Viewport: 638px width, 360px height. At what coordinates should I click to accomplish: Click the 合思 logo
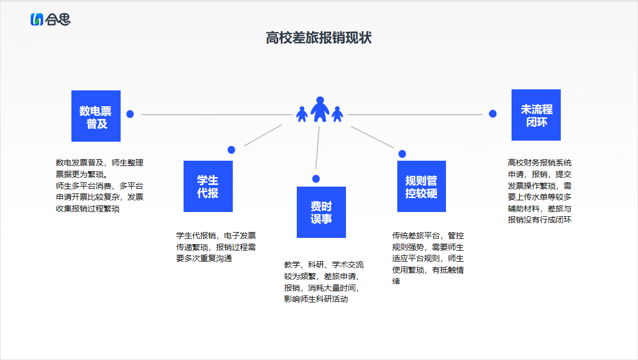tap(50, 20)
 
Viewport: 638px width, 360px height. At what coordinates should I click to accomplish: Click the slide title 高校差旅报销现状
tap(318, 38)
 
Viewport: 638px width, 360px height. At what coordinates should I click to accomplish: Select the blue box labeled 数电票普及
tap(96, 116)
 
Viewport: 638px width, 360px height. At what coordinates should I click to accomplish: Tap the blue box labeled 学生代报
tap(208, 186)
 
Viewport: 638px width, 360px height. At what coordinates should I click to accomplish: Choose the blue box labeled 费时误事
tap(321, 212)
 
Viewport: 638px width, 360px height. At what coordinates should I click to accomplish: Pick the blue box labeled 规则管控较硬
tap(422, 186)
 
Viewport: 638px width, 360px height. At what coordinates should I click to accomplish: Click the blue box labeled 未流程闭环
tap(536, 115)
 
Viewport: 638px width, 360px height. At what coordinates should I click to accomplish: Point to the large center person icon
tap(320, 109)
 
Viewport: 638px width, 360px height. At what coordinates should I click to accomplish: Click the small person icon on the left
tap(302, 114)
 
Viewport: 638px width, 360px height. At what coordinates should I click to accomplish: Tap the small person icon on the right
tap(337, 114)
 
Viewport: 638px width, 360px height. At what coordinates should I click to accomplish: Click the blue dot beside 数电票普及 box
tap(130, 114)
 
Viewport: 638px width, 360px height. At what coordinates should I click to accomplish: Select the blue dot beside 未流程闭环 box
tap(493, 114)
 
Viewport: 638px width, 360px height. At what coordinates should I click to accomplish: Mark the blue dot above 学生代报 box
tap(231, 150)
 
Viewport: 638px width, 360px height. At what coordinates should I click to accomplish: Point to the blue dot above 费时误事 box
tap(316, 179)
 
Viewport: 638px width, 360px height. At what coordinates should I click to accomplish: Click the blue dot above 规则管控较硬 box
tap(402, 154)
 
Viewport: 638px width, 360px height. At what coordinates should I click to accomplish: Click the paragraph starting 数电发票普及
tap(99, 186)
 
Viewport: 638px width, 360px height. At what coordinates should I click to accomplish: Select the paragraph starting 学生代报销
tap(216, 247)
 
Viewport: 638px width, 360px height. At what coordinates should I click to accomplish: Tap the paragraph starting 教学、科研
tap(324, 282)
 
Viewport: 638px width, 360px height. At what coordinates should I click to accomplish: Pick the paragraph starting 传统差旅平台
tap(428, 259)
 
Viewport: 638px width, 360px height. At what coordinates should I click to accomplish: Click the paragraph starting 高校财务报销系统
tap(540, 191)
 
